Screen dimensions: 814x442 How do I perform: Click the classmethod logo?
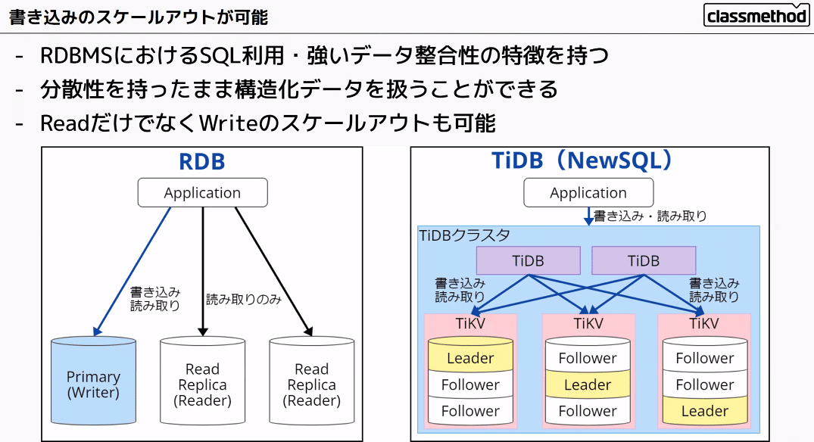756,15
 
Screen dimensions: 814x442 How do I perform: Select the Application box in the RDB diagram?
202,192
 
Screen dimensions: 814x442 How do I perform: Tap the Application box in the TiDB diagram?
588,192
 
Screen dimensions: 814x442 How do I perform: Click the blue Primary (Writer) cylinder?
93,381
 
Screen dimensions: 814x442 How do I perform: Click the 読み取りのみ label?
244,300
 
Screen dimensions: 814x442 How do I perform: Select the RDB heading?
202,161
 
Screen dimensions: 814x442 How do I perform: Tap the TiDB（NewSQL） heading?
582,160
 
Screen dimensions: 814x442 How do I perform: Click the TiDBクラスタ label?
465,235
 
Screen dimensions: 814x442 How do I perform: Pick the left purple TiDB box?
528,260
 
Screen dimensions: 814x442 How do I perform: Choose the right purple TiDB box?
644,260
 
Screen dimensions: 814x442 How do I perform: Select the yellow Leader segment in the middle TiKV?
588,384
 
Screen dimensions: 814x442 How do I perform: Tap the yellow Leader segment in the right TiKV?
705,412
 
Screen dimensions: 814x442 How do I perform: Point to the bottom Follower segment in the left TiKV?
470,412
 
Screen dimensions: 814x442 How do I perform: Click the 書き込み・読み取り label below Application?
650,216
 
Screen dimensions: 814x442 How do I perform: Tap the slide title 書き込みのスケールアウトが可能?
139,17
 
